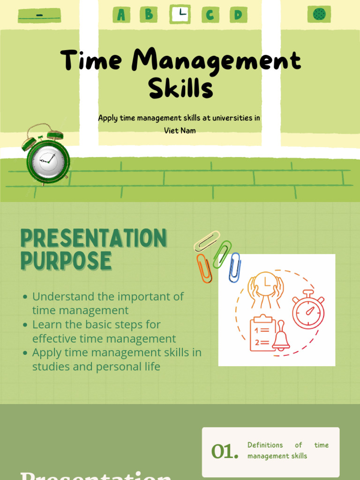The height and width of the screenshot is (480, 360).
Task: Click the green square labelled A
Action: click(x=121, y=15)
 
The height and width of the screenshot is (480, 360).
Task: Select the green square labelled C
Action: click(x=210, y=15)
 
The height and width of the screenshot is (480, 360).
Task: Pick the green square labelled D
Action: click(x=238, y=15)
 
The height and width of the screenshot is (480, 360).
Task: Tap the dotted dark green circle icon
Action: click(x=319, y=14)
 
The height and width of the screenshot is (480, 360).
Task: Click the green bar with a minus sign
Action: click(x=39, y=15)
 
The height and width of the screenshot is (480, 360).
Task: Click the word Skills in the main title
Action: click(x=180, y=88)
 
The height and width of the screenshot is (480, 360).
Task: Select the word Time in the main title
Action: click(x=91, y=61)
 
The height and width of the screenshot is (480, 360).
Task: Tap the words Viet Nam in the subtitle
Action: click(x=180, y=131)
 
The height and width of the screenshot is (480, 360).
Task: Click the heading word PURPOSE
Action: click(x=66, y=261)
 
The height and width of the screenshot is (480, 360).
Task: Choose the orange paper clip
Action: click(x=204, y=269)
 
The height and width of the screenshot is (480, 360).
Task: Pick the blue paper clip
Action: click(x=234, y=268)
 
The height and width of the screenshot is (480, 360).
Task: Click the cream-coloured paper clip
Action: click(x=207, y=241)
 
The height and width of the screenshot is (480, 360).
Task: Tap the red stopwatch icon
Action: click(x=308, y=310)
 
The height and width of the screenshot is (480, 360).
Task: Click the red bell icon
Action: click(x=281, y=336)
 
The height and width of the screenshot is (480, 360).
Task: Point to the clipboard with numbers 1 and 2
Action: click(x=262, y=334)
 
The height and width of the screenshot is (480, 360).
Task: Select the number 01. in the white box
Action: click(x=225, y=451)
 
